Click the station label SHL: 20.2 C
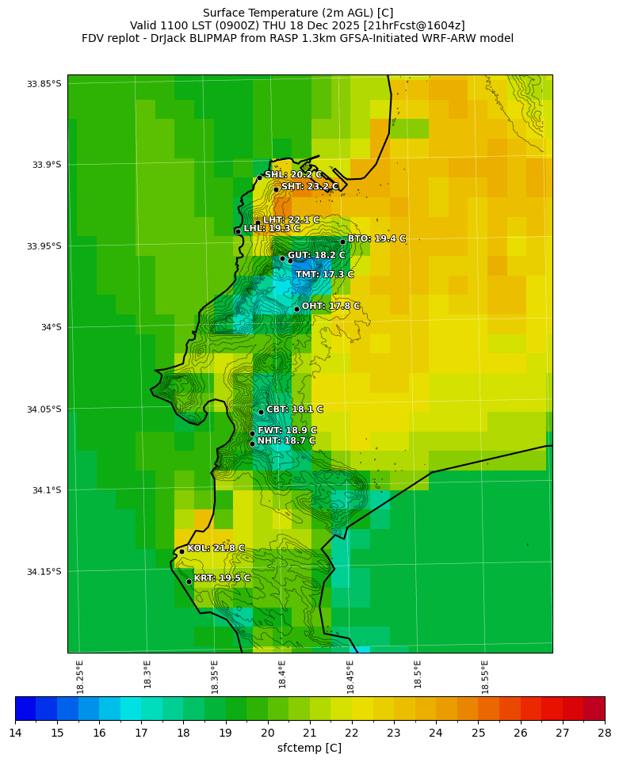[x=292, y=175]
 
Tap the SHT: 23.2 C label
[x=309, y=187]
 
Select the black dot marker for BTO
[x=342, y=242]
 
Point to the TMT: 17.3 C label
[x=324, y=275]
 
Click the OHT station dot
[x=296, y=309]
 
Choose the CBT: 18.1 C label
[x=294, y=410]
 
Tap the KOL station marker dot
[x=181, y=551]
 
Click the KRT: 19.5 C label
[x=222, y=578]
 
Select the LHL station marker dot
[x=238, y=231]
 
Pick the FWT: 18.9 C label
[x=286, y=431]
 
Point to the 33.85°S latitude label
[x=44, y=84]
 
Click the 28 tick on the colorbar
[x=604, y=733]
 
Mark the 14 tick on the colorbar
[x=15, y=733]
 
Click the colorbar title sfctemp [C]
[x=309, y=749]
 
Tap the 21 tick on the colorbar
[x=310, y=733]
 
